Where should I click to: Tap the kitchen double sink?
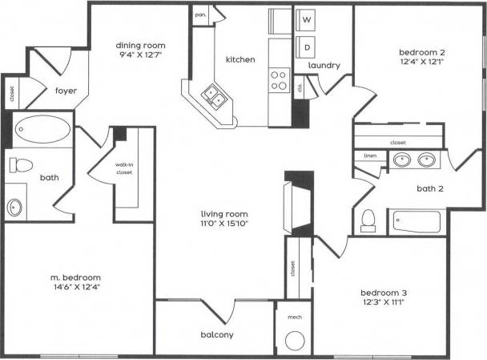214,97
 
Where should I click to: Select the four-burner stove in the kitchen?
279,80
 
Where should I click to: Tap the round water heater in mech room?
294,340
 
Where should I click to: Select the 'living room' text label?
223,214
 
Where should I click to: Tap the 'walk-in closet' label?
123,168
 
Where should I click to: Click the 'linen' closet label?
370,156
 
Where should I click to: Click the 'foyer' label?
66,91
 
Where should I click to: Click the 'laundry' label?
324,66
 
